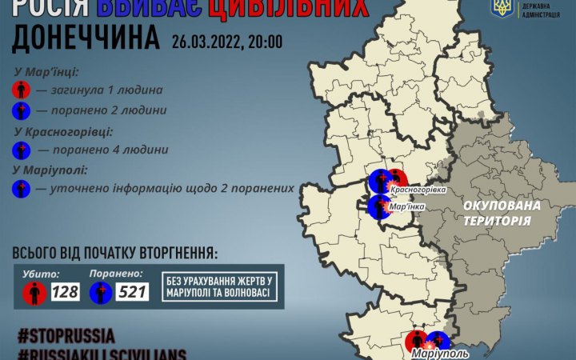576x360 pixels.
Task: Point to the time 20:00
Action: coord(263,41)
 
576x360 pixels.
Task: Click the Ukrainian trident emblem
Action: coord(502,9)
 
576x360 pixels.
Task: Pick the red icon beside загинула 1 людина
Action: coord(22,90)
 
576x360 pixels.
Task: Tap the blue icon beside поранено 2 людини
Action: coord(22,110)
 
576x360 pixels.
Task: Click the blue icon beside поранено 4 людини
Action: coord(22,150)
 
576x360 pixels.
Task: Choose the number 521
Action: coord(132,292)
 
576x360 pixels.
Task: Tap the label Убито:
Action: coord(41,273)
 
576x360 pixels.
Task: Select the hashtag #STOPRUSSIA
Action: coord(64,334)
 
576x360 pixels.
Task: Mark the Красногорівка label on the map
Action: coord(417,190)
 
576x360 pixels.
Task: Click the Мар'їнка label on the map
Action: coord(406,206)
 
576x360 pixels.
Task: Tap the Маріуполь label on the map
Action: coord(436,353)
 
